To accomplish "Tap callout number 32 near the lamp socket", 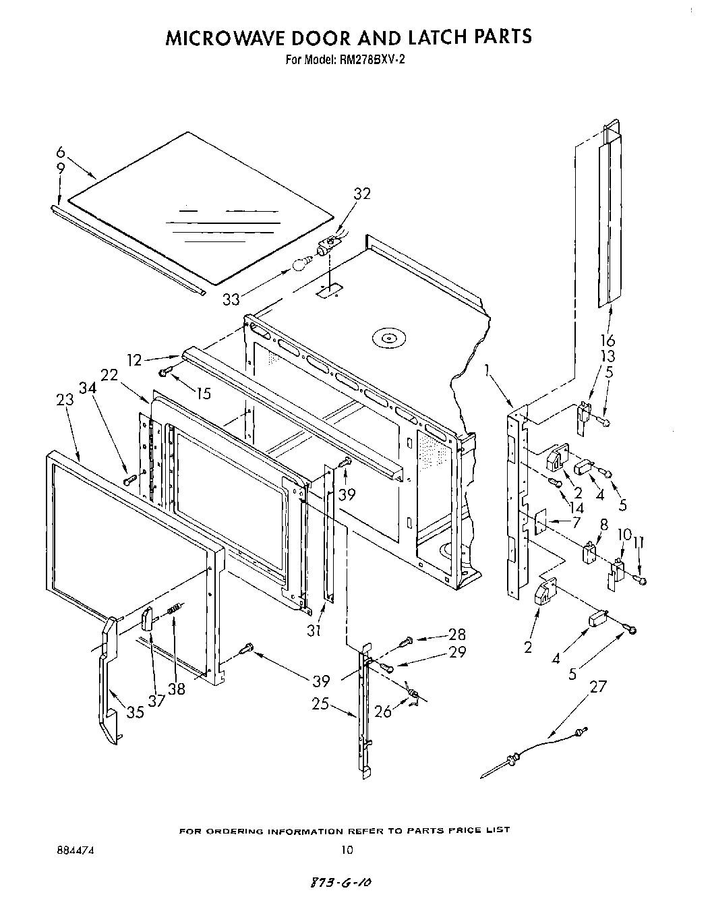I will pos(362,194).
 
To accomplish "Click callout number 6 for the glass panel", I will pos(60,152).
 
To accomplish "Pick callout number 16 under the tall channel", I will pos(607,340).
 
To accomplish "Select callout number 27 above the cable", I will pos(597,687).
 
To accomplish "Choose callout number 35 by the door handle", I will pos(135,711).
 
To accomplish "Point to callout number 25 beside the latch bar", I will pos(320,704).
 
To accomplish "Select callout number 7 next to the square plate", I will pos(575,522).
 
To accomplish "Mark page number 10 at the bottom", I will pos(346,850).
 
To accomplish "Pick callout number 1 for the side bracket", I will pos(486,370).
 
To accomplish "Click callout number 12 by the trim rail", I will pos(135,361).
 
